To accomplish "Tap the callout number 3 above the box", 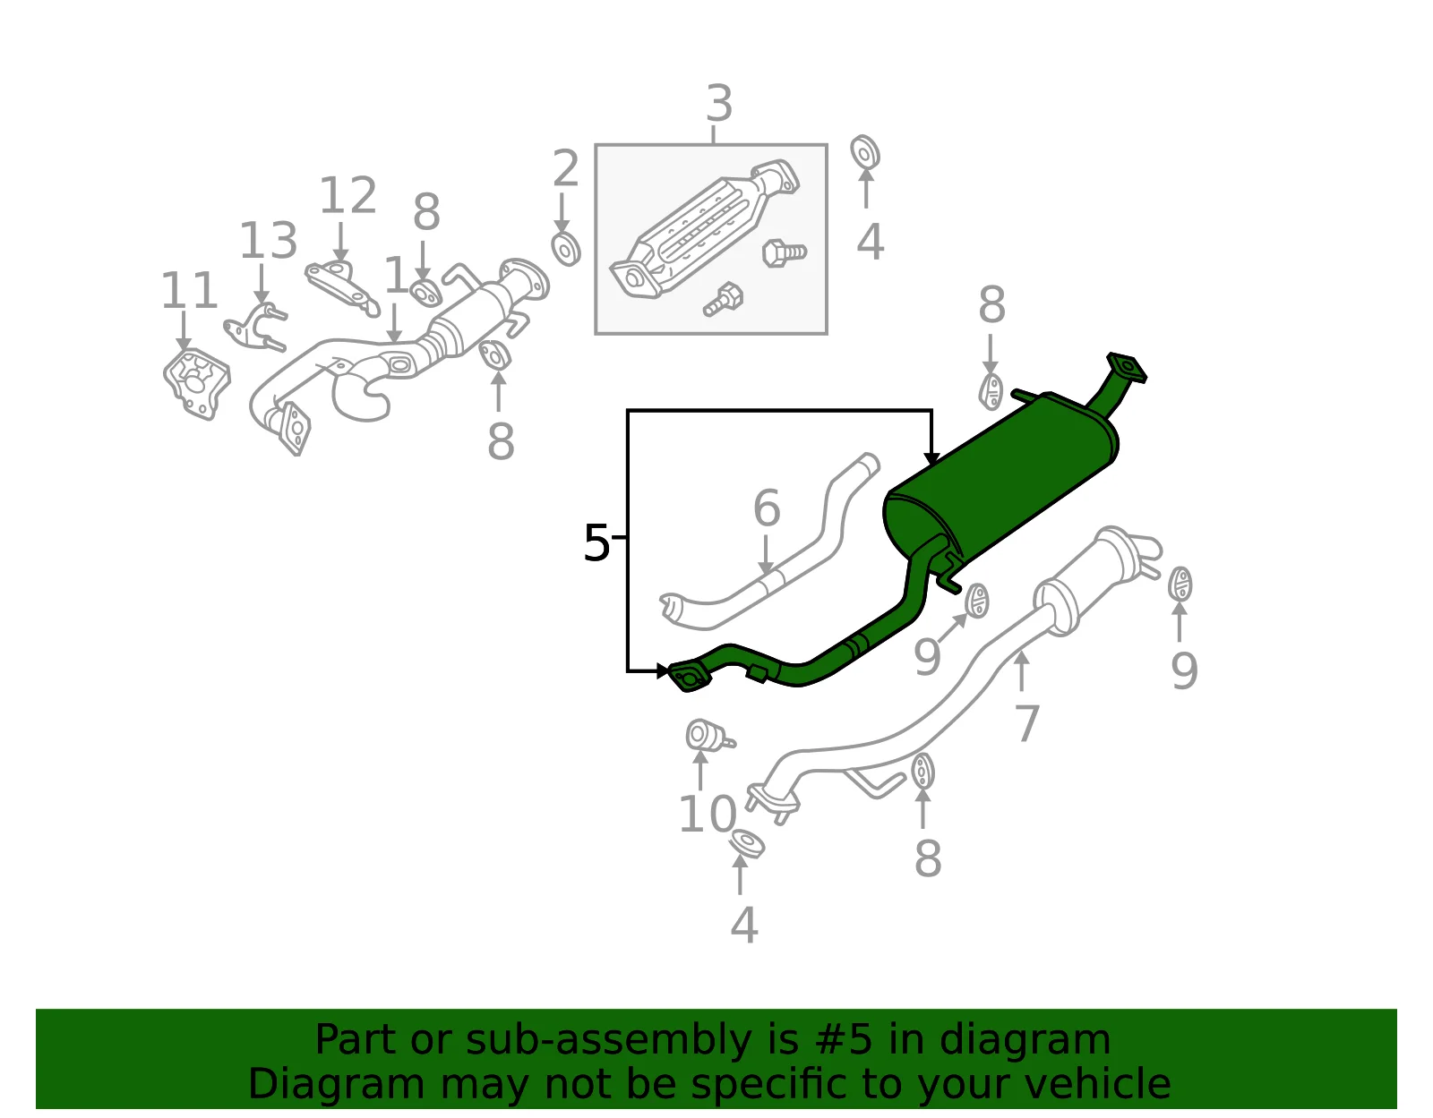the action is [x=719, y=104].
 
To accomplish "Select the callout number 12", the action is [x=348, y=195].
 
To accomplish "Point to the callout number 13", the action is [x=268, y=241].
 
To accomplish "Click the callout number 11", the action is [x=189, y=290].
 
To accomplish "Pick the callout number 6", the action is [x=767, y=508].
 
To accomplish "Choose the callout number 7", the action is [x=1026, y=723].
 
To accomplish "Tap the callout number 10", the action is [x=708, y=815].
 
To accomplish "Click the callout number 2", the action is [x=565, y=168].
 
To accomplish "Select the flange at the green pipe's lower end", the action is [x=689, y=678].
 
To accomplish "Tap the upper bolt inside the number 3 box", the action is [x=784, y=252].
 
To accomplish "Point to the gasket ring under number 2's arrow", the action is [x=566, y=249].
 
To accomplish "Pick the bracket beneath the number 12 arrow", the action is [x=341, y=287].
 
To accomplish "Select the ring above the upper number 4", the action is [x=864, y=152].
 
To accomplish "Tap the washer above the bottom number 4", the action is [x=747, y=843].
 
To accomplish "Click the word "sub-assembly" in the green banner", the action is [x=609, y=1040].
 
